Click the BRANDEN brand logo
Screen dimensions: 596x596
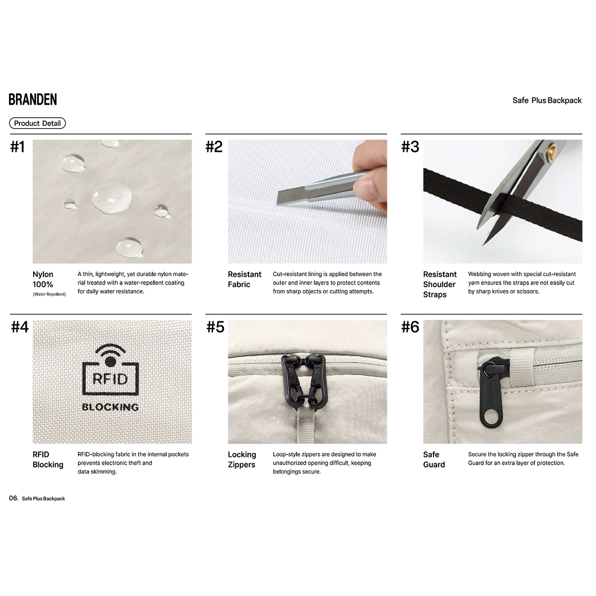pos(33,99)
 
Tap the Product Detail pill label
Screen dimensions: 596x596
pos(37,123)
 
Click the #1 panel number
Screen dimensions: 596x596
pos(17,147)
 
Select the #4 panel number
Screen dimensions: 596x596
pos(20,327)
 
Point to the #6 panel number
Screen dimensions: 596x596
pos(410,327)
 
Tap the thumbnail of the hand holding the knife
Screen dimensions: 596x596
pos(307,201)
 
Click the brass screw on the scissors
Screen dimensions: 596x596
pos(551,150)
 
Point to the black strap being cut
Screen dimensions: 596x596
pos(503,204)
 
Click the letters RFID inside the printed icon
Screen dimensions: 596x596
pos(110,379)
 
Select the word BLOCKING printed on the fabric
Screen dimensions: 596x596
pos(110,407)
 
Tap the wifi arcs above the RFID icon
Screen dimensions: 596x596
pos(110,350)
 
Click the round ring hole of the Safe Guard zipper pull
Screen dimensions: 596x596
pos(490,419)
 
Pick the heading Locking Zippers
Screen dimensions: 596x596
pos(242,459)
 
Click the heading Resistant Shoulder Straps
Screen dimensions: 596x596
pos(440,284)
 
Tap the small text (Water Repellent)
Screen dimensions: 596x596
pos(49,294)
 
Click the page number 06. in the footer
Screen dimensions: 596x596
pos(13,498)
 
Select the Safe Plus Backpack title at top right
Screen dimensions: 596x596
pos(547,100)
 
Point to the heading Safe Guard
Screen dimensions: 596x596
pos(434,459)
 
